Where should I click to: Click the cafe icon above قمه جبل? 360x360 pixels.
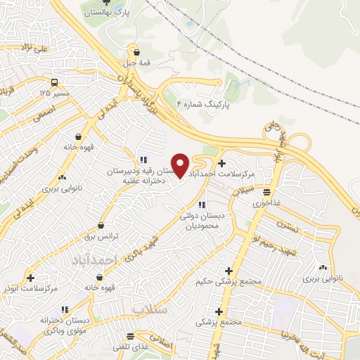click(137, 51)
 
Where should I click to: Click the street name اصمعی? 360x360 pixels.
click(44, 112)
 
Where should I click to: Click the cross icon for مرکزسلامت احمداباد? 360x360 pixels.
click(222, 164)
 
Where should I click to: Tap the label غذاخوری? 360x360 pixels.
click(267, 202)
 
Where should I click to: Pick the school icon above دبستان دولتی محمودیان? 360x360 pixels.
click(202, 205)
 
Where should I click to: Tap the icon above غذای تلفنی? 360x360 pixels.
click(130, 337)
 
